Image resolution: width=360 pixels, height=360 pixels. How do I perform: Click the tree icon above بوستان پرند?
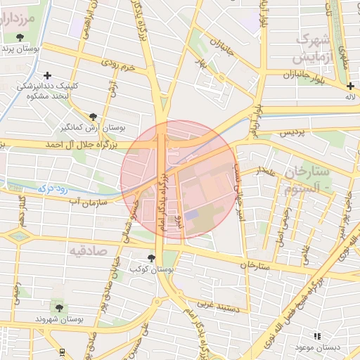[28, 37]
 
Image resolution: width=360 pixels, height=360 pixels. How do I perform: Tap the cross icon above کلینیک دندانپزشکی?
[47, 75]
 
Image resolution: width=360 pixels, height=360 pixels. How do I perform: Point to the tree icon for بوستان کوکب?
[152, 258]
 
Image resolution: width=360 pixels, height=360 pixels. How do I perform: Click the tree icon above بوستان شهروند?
[60, 307]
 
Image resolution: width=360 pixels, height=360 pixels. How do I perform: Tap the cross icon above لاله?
[350, 86]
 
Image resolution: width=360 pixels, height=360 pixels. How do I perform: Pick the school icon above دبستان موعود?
[317, 337]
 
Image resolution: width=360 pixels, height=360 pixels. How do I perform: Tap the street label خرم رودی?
[117, 65]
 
